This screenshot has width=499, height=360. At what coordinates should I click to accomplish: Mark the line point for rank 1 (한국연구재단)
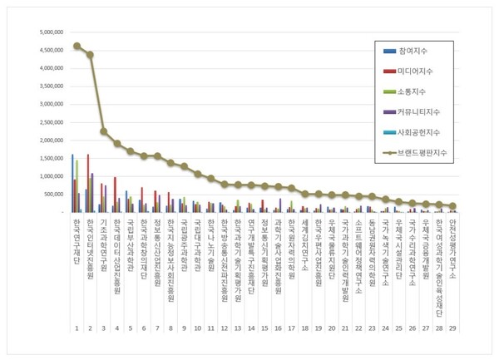(x=77, y=47)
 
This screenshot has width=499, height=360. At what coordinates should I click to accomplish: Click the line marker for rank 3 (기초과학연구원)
(x=104, y=131)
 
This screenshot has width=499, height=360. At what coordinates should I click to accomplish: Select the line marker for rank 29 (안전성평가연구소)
(x=452, y=205)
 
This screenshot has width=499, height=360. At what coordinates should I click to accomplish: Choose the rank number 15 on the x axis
(x=264, y=328)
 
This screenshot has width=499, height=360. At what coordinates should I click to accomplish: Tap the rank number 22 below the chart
(x=358, y=328)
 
